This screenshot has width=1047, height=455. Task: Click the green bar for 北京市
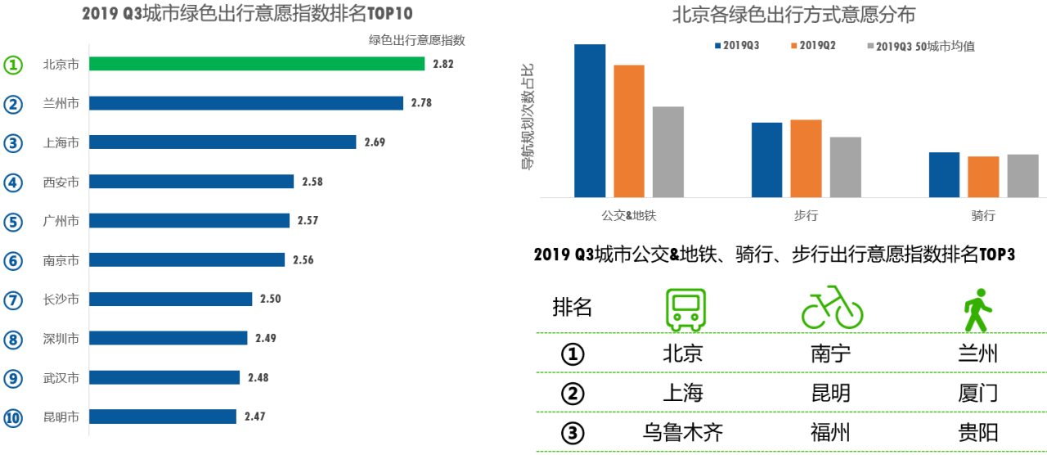(257, 64)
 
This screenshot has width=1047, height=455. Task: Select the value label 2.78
(422, 103)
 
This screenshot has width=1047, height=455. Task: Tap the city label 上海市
(61, 142)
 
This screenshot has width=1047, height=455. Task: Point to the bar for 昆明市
(163, 417)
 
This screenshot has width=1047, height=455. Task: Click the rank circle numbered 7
(12, 300)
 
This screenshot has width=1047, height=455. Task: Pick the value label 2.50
(271, 300)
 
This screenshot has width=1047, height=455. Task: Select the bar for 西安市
(191, 182)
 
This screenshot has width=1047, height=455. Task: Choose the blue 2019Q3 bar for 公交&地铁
(590, 120)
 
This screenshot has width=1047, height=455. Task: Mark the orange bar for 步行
(806, 158)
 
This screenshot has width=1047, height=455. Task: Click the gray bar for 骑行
(1022, 175)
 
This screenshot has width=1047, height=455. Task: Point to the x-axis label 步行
(806, 216)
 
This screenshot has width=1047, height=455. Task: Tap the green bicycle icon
(832, 308)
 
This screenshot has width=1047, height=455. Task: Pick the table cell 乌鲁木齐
(683, 432)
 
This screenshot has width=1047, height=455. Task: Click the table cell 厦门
(977, 394)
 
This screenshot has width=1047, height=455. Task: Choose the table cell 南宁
(830, 354)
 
